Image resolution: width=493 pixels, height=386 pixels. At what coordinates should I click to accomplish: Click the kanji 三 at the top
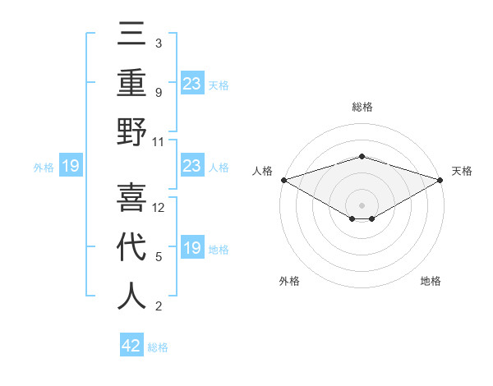click(131, 35)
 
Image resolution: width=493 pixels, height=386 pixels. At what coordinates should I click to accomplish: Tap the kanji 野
click(131, 132)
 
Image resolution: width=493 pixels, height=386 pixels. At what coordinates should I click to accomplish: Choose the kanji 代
click(131, 246)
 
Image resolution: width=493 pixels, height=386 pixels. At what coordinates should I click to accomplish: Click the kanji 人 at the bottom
click(131, 296)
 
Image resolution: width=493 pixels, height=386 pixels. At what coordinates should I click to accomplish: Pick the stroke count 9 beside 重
click(158, 93)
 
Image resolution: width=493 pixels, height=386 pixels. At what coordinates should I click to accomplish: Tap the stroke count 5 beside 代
click(158, 257)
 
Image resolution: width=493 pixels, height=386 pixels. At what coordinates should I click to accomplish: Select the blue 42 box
click(131, 346)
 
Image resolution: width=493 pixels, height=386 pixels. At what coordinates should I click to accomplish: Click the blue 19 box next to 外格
click(71, 167)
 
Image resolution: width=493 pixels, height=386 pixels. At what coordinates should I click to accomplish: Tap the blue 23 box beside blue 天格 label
click(191, 83)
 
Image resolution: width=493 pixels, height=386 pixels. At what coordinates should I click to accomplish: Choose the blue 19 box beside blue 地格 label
click(191, 248)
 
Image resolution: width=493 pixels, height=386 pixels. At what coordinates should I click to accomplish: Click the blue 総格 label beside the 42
click(158, 347)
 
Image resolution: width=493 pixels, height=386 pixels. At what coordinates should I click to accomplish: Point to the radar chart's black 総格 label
click(362, 107)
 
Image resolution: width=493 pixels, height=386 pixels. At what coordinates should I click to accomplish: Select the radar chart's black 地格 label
click(431, 281)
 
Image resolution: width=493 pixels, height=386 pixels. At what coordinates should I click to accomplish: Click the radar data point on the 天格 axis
click(440, 180)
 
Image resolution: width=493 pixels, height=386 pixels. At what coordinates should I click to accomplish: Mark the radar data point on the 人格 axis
click(283, 180)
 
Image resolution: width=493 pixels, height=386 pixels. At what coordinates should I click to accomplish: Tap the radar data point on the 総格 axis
click(362, 156)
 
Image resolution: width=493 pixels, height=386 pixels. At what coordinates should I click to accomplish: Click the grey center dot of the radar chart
click(362, 204)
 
